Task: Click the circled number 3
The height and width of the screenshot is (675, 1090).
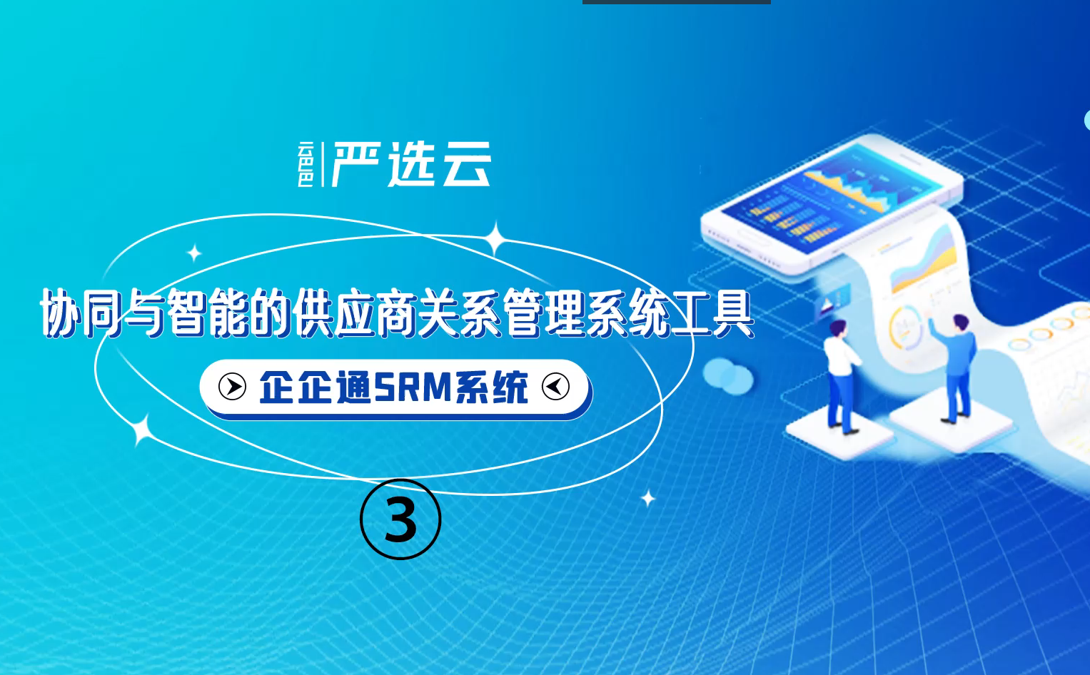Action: [400, 519]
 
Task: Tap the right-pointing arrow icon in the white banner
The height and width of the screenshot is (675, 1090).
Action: [232, 387]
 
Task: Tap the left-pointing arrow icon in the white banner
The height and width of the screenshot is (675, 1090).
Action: [555, 387]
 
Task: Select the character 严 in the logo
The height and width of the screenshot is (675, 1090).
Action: [355, 164]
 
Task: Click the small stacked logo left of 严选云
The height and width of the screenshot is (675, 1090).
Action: [306, 164]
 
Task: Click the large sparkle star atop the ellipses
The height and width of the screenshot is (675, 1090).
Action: [495, 238]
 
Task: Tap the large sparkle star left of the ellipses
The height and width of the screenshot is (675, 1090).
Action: [141, 430]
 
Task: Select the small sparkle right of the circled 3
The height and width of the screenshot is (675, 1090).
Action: [647, 499]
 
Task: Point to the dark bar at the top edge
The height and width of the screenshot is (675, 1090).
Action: [677, 2]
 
